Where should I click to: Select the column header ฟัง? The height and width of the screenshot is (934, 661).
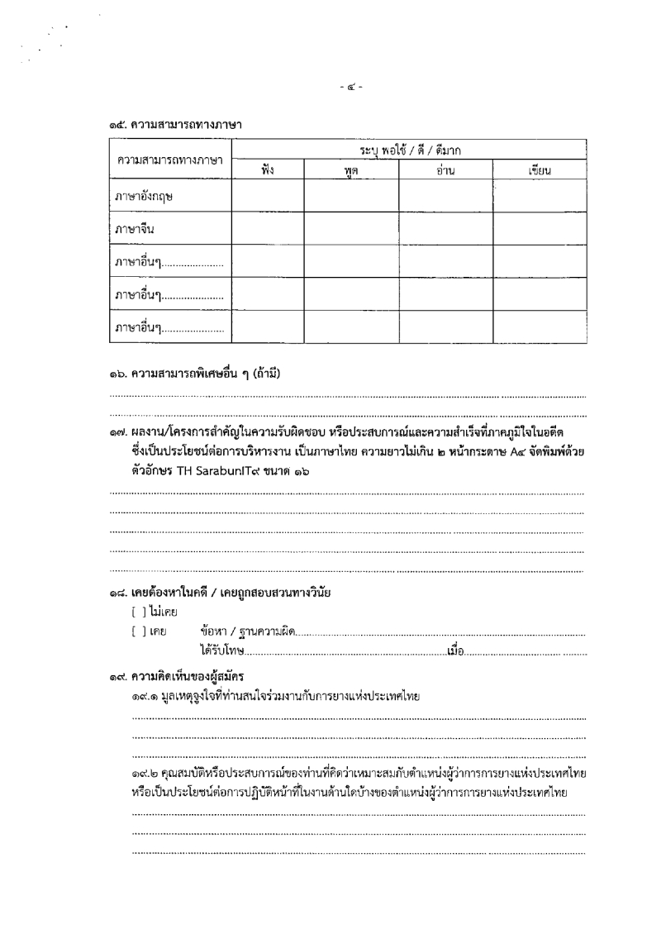click(267, 170)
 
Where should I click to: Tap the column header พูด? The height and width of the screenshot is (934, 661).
click(351, 171)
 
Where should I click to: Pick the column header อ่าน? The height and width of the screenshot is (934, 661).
click(445, 170)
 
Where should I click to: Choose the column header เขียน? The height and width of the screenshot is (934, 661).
click(540, 170)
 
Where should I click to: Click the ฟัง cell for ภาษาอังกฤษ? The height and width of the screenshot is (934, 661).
click(267, 197)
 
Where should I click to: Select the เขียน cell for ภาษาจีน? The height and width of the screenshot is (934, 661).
click(540, 229)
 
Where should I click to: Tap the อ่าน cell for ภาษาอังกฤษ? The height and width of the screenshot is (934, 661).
click(445, 197)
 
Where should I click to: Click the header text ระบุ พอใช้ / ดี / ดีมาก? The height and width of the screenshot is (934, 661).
click(410, 150)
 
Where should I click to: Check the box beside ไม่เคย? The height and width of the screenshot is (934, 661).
click(135, 612)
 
